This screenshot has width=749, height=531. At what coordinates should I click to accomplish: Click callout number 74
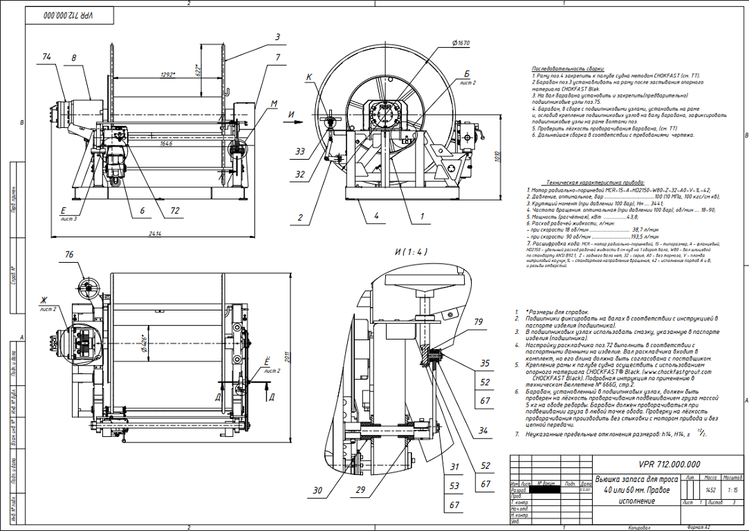(x=47, y=57)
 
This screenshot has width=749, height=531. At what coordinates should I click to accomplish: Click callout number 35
(x=485, y=362)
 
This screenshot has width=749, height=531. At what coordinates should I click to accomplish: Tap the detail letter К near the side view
(x=309, y=77)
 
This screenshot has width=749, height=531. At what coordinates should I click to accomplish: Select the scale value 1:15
(x=732, y=490)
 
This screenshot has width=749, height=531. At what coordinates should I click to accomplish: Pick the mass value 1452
(x=710, y=490)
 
